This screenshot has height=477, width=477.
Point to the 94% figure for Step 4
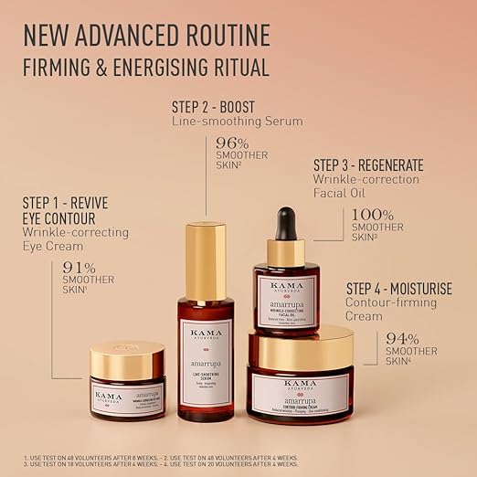pyautogui.click(x=402, y=338)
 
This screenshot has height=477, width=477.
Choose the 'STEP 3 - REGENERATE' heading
pyautogui.click(x=368, y=165)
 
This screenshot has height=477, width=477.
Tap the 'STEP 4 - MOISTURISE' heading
pyautogui.click(x=398, y=289)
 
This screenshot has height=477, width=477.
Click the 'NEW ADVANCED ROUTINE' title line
pyautogui.click(x=146, y=36)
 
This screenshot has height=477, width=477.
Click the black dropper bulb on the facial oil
pyautogui.click(x=286, y=223)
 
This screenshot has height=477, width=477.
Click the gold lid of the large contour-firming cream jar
pyautogui.click(x=301, y=348)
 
